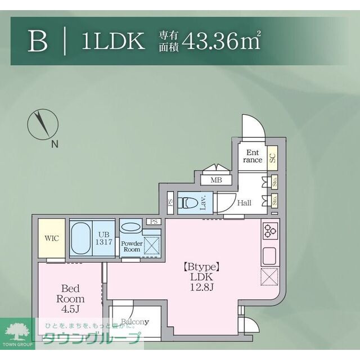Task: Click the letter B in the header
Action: pos(37,42)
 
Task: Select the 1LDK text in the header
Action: pos(113,42)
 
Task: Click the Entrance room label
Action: pos(253,155)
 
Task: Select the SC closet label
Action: pos(273,157)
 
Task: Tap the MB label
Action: pos(216,180)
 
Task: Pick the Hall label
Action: pos(244,203)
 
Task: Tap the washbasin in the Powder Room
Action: pos(131,227)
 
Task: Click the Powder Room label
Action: pos(131,245)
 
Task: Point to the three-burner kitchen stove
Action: pos(269,229)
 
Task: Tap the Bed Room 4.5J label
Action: pos(71,299)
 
